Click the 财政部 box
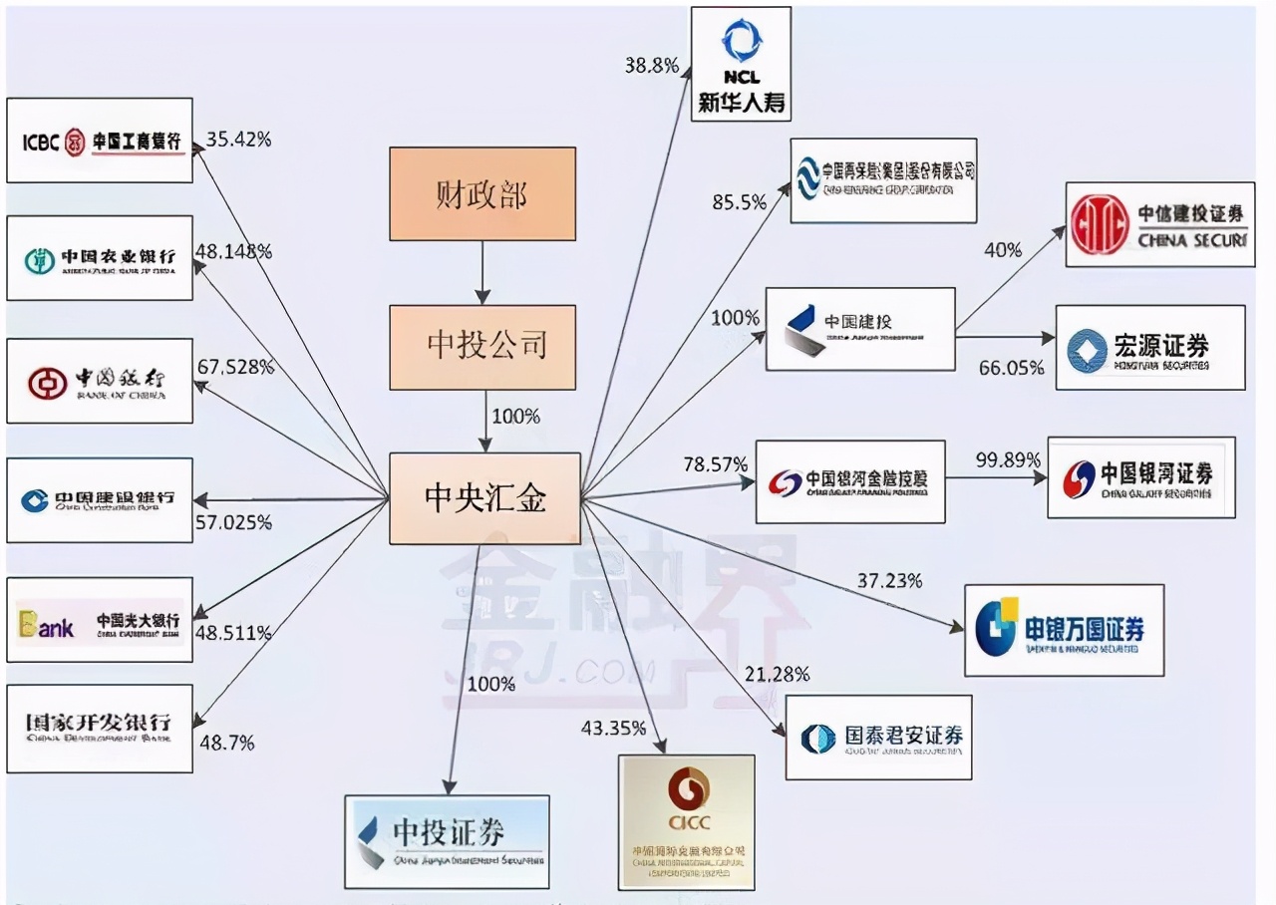[482, 193]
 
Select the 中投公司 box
[482, 346]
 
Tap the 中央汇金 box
[484, 498]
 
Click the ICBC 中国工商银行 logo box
[100, 141]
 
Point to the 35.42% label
[238, 140]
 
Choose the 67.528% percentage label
[235, 367]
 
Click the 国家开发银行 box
[100, 728]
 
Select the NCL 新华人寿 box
[741, 64]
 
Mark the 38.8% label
[652, 66]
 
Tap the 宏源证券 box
[1150, 347]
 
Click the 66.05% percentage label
[1011, 368]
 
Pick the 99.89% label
[1008, 460]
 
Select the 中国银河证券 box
[1140, 477]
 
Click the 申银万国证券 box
[1064, 630]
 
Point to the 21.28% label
[777, 675]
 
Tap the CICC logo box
[686, 821]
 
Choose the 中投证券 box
[447, 841]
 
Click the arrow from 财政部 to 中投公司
[482, 272]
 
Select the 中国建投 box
[859, 329]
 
